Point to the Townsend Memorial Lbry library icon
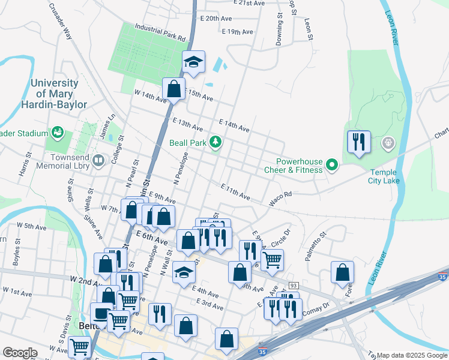[99, 160]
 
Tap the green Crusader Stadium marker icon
[58, 131]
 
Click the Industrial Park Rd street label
[160, 32]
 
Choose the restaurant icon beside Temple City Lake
[358, 142]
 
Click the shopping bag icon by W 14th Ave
[173, 89]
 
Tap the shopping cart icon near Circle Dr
[272, 260]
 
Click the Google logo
[20, 353]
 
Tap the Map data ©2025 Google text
[412, 355]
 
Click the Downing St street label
[280, 30]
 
